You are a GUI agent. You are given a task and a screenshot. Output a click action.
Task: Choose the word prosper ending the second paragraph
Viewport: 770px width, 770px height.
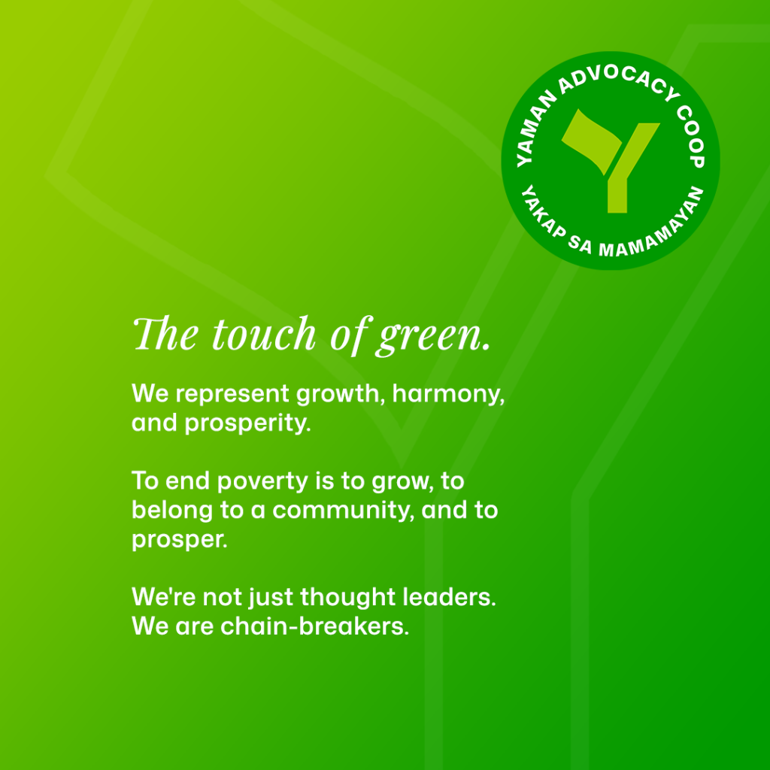pyautogui.click(x=179, y=540)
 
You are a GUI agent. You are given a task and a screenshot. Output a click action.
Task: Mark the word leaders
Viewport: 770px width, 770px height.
pyautogui.click(x=448, y=597)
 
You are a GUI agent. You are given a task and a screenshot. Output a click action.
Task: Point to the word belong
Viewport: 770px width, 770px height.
pyautogui.click(x=165, y=511)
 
